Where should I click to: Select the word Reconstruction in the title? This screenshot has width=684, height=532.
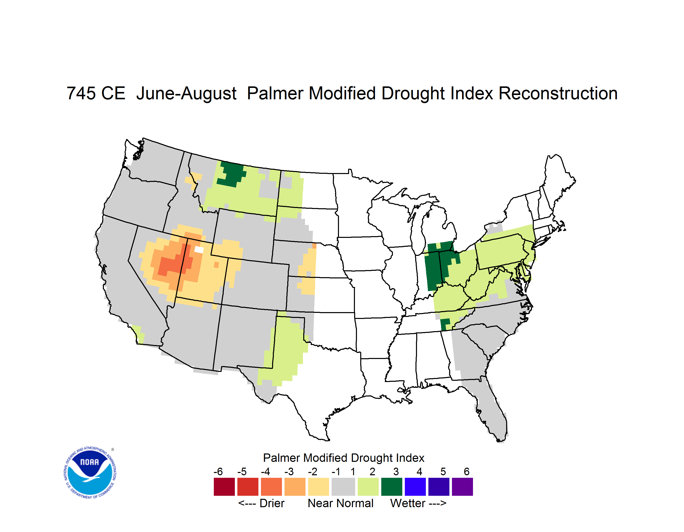[558, 93]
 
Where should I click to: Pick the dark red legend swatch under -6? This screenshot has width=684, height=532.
[224, 487]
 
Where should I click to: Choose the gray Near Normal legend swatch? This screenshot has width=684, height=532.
[343, 487]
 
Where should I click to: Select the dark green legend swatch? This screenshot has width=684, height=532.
[391, 487]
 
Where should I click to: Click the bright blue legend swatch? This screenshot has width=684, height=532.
[415, 487]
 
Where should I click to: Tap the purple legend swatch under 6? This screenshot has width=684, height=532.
[462, 487]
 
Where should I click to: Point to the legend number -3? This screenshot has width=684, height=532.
[289, 471]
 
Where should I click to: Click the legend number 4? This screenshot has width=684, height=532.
[419, 471]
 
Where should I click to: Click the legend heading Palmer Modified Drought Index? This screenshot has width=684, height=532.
[344, 458]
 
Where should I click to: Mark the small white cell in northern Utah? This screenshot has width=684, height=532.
[199, 250]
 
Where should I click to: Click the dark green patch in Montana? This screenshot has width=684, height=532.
[231, 174]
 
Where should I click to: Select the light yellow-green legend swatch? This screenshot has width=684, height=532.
[368, 487]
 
